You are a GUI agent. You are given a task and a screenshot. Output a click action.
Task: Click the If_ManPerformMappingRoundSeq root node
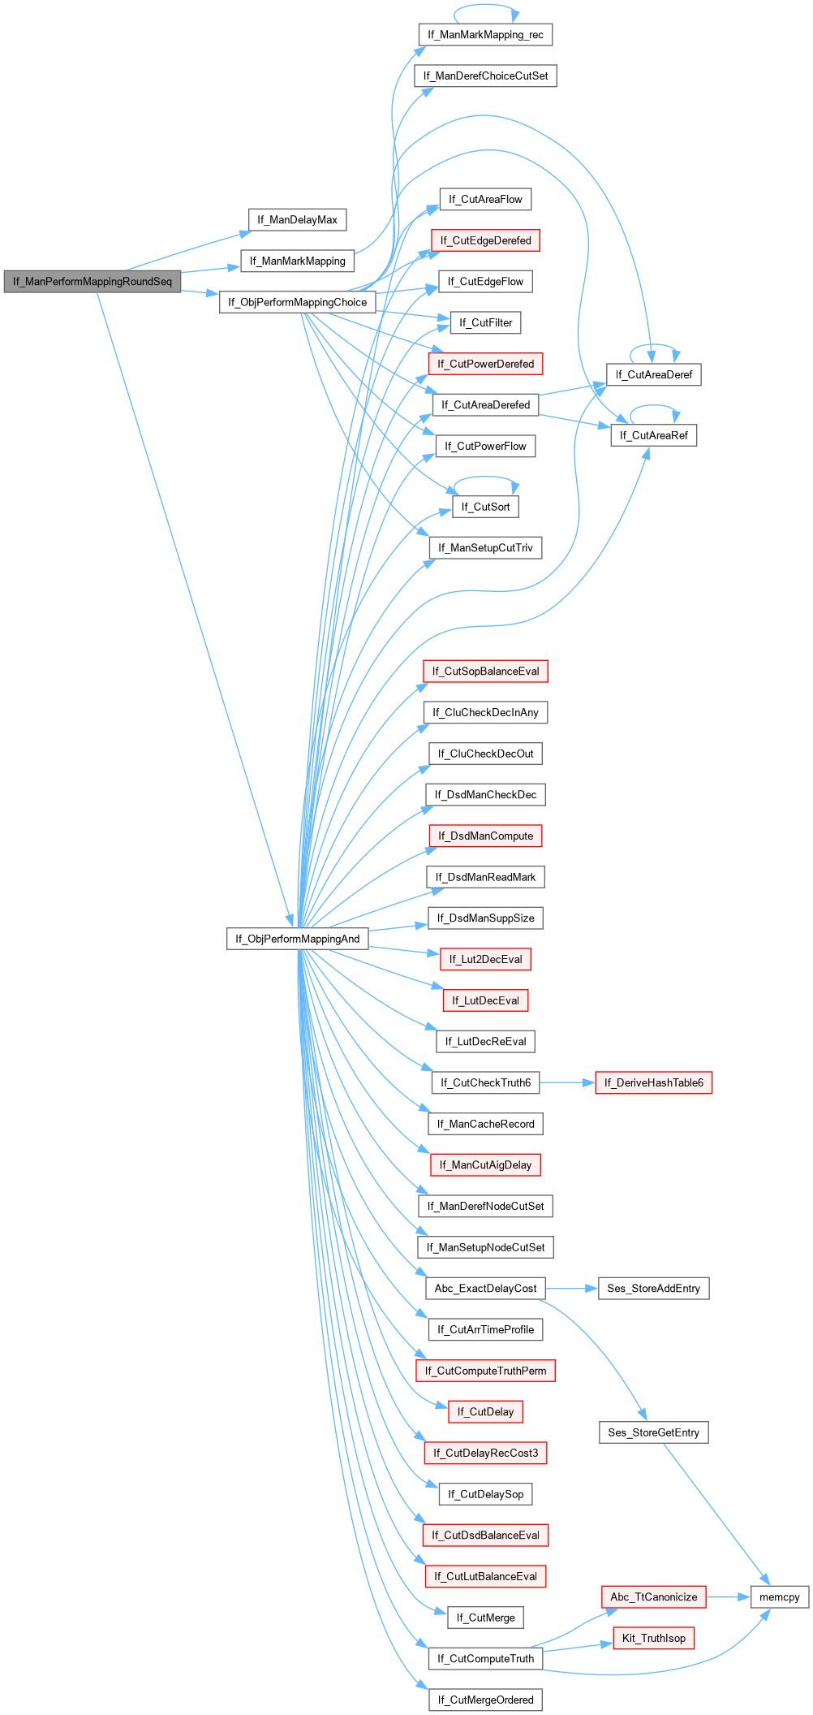tap(92, 282)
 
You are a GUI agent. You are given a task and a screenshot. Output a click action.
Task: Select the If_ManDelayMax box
tap(297, 220)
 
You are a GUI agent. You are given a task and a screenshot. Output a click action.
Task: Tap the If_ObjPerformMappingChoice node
tap(297, 302)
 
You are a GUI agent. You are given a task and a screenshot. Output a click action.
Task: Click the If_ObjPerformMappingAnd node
tap(297, 939)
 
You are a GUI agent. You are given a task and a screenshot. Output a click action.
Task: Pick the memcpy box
tap(779, 1597)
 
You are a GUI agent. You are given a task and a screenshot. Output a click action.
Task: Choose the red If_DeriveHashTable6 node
tap(653, 1083)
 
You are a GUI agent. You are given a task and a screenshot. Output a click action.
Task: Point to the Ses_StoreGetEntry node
tap(653, 1432)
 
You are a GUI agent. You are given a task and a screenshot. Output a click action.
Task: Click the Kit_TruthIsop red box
tap(653, 1638)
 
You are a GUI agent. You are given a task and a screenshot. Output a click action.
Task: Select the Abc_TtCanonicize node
tap(653, 1597)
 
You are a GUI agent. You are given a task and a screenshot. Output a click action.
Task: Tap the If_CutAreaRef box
tap(653, 435)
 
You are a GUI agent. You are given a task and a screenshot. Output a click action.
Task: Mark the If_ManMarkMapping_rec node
tap(485, 35)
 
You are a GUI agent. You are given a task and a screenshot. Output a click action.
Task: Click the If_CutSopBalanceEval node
tap(485, 672)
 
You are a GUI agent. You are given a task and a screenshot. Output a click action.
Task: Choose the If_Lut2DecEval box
tap(485, 960)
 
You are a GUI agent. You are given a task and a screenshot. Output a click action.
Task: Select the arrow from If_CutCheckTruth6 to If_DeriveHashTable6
tap(567, 1083)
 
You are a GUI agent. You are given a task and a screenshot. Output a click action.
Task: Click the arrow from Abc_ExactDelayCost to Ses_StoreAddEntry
tap(572, 1289)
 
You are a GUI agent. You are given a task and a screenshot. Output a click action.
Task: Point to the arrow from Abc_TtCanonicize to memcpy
tap(728, 1597)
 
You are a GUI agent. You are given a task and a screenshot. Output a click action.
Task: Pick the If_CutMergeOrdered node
tap(485, 1700)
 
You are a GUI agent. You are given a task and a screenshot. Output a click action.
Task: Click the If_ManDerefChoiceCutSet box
tap(485, 76)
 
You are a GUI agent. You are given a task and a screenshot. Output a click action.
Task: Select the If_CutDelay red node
tap(485, 1412)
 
